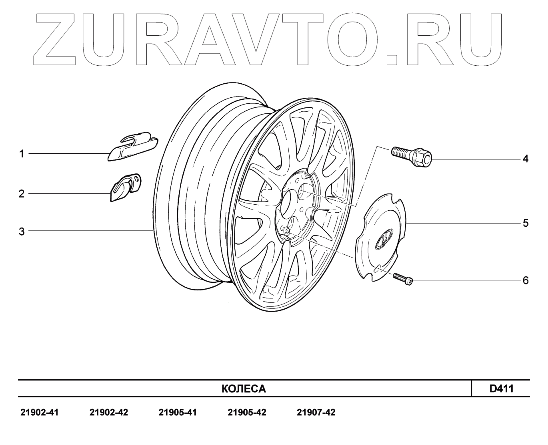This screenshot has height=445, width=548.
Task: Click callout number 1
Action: pos(22,154)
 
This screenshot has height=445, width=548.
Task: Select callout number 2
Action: pos(22,194)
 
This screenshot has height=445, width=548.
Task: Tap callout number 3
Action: pos(22,231)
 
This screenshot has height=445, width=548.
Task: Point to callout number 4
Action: pos(525,159)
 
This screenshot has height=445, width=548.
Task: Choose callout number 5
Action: pos(526,223)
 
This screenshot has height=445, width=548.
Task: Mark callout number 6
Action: pos(526,280)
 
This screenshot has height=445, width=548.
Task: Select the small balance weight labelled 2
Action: pos(125,187)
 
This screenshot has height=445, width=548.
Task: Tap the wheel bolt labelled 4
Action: pos(412,157)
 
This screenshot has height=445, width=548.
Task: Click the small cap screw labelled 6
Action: pos(403,279)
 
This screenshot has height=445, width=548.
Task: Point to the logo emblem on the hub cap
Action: pos(383,239)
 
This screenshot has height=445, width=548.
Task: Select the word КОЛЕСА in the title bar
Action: pos(244,389)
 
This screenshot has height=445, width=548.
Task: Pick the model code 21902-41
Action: pos(39,413)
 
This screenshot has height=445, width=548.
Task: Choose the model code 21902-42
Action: pos(109,413)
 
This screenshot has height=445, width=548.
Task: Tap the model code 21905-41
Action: pos(178,413)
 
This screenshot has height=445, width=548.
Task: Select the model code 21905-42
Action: pos(247,413)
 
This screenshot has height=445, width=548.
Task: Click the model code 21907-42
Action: pos(316,413)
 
